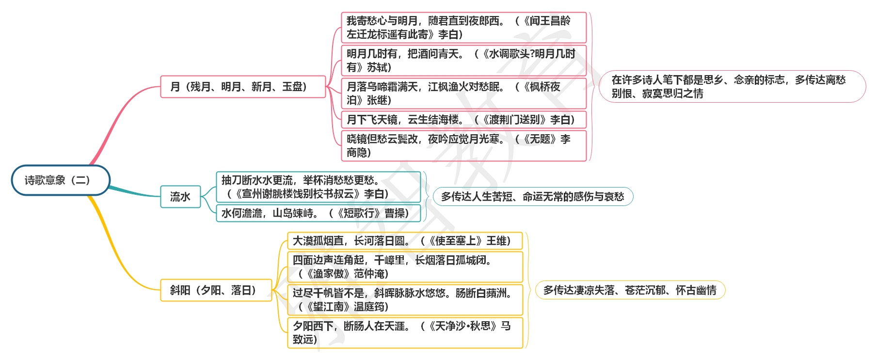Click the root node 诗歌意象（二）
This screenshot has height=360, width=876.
(61, 180)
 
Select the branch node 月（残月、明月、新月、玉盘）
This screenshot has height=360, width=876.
(243, 87)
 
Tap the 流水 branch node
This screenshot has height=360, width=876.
(180, 197)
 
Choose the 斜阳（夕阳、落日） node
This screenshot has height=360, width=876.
(216, 290)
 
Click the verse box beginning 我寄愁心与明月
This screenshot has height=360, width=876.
(464, 28)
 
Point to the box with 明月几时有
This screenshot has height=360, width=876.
(464, 61)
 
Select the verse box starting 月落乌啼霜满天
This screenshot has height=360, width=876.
(464, 94)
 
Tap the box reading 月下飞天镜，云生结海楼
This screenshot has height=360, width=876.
(464, 120)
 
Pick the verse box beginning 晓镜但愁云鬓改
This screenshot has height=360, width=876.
(464, 146)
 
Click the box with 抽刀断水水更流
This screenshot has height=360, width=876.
(319, 187)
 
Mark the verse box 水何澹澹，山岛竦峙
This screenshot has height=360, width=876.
(319, 213)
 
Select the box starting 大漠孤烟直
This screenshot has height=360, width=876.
(405, 241)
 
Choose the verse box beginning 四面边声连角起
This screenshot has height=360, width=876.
(405, 267)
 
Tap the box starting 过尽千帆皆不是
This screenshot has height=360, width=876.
(405, 300)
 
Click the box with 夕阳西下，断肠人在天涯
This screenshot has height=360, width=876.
(405, 333)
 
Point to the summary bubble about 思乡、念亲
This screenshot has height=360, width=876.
(733, 87)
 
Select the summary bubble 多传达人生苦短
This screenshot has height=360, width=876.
(533, 197)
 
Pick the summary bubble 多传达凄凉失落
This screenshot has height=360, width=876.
(630, 290)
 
